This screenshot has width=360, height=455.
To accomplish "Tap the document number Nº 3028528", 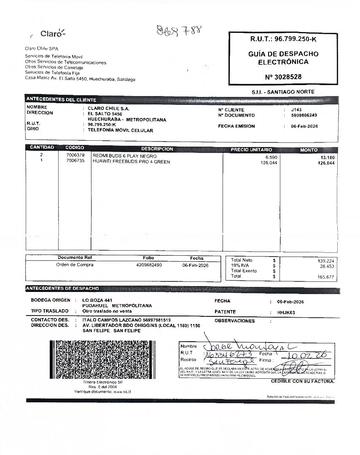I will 283,77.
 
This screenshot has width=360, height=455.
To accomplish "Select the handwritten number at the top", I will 179,30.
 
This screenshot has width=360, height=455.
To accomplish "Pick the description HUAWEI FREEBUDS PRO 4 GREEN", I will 131,162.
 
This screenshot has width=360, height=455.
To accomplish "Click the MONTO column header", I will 309,150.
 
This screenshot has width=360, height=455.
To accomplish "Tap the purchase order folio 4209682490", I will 149,265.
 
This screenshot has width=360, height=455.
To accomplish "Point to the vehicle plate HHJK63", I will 286,313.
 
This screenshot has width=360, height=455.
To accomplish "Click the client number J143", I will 296,110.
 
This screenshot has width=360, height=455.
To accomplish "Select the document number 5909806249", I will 304,115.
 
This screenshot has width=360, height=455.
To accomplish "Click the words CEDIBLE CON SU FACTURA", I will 302,381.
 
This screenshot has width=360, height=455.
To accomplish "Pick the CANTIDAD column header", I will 42,148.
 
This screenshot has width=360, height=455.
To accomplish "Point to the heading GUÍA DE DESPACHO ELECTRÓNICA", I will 283,58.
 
